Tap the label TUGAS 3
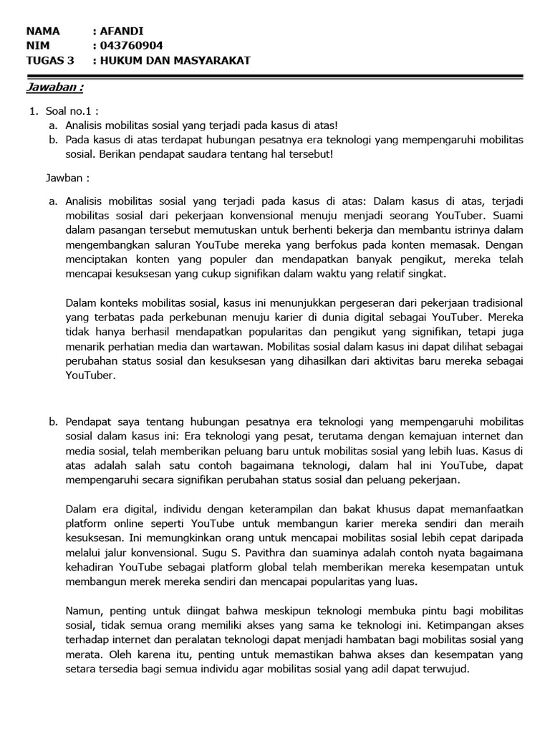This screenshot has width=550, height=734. (x=49, y=61)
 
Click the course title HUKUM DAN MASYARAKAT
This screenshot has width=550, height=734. (x=175, y=61)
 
